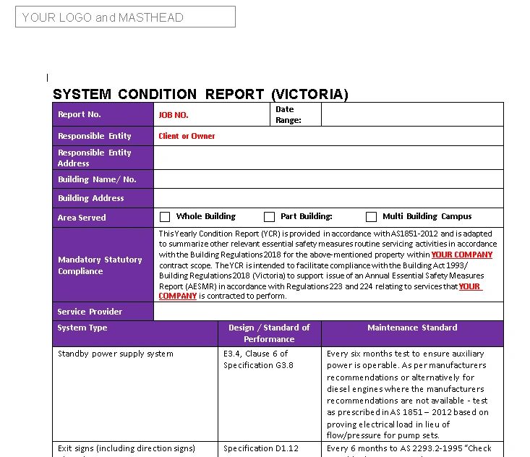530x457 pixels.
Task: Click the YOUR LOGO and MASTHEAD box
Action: click(125, 17)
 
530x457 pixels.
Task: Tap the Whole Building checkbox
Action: click(165, 217)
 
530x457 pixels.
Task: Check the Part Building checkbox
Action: click(269, 217)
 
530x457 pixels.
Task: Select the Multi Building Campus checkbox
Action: click(371, 217)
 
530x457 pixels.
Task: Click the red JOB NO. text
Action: click(174, 115)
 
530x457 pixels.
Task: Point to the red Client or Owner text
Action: click(187, 136)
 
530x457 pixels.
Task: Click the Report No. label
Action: click(80, 114)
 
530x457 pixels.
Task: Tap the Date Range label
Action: click(288, 115)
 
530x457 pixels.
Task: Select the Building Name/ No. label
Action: click(97, 179)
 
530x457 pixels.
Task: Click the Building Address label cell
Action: click(91, 198)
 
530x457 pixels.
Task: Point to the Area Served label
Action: click(82, 218)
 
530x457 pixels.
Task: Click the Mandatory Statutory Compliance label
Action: click(100, 265)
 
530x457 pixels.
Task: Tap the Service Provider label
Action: click(90, 312)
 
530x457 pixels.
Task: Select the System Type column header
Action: click(82, 328)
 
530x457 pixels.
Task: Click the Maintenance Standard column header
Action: click(412, 328)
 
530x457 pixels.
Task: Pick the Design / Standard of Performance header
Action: click(269, 333)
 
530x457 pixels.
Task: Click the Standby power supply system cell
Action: click(116, 354)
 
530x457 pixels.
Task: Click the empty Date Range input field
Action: click(411, 115)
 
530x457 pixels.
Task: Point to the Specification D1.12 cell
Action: click(261, 448)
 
